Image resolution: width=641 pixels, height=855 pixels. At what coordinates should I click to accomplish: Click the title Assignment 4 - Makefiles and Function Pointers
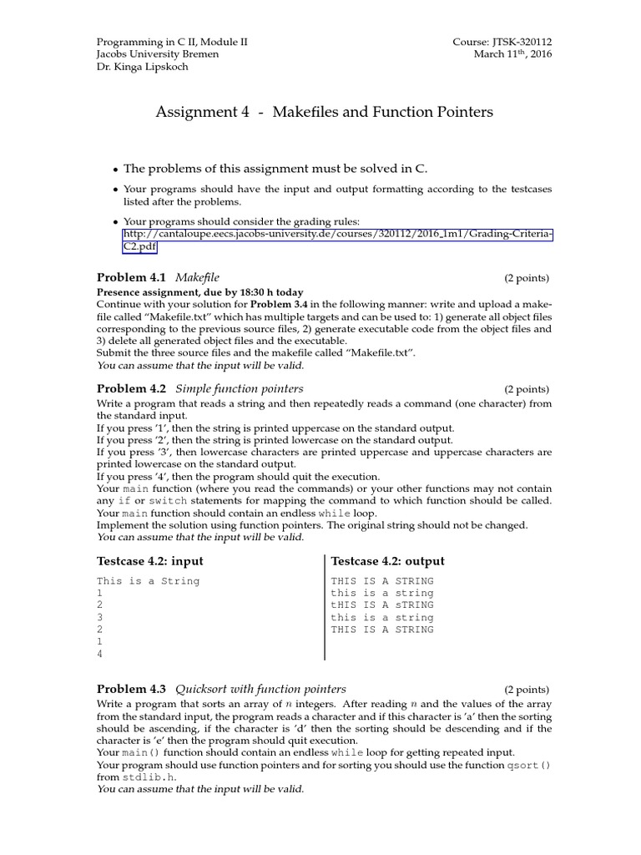tap(324, 112)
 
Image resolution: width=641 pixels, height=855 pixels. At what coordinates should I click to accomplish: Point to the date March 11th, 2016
tap(512, 54)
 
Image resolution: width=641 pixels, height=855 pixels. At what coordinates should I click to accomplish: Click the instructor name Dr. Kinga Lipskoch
tap(143, 67)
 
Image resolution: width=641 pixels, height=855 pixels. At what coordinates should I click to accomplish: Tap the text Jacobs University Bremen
tap(158, 54)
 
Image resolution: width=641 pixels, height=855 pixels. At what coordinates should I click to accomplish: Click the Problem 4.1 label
tap(131, 276)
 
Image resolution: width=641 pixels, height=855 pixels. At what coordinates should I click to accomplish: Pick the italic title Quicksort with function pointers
tap(260, 689)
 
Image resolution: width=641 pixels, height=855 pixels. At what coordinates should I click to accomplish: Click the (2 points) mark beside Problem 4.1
tap(526, 277)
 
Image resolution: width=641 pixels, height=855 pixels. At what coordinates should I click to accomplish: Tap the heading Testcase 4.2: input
tap(150, 561)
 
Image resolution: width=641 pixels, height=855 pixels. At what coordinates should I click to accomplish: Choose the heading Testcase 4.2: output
tap(388, 561)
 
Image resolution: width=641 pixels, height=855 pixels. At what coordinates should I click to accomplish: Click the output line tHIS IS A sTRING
tap(382, 605)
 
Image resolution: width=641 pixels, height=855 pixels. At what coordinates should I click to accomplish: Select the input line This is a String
tap(149, 581)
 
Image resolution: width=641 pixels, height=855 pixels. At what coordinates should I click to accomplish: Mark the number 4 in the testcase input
tap(100, 655)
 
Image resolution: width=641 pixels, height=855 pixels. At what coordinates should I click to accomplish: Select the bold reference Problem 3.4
tap(281, 304)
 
